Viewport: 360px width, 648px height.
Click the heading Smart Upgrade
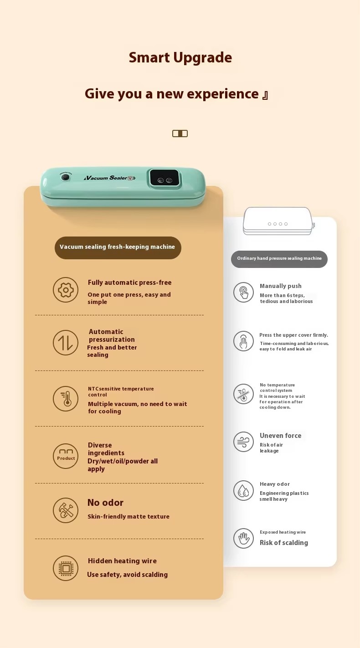point(180,58)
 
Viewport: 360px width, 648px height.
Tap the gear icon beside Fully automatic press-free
point(66,290)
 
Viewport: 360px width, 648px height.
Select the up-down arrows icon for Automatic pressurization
point(66,343)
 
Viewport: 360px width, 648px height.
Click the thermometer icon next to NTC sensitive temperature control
point(66,399)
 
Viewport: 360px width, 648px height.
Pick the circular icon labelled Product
point(66,456)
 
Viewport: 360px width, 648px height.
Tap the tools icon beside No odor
point(66,510)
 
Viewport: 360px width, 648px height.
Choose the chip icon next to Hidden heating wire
point(66,568)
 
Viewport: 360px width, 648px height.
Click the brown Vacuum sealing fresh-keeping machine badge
point(118,247)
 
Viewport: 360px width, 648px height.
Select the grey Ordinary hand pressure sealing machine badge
point(279,259)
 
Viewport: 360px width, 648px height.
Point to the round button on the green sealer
point(66,177)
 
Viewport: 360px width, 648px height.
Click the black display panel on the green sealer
point(165,178)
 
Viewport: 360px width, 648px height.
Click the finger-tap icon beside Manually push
point(244,292)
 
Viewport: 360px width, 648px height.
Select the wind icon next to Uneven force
point(244,442)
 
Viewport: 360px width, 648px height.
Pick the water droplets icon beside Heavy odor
point(244,491)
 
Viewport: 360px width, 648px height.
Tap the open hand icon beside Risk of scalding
point(244,538)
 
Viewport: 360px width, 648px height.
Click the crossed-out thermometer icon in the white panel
point(244,394)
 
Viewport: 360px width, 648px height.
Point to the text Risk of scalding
point(283,543)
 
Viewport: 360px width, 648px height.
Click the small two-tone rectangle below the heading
point(180,134)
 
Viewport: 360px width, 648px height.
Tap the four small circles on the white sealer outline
point(278,224)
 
